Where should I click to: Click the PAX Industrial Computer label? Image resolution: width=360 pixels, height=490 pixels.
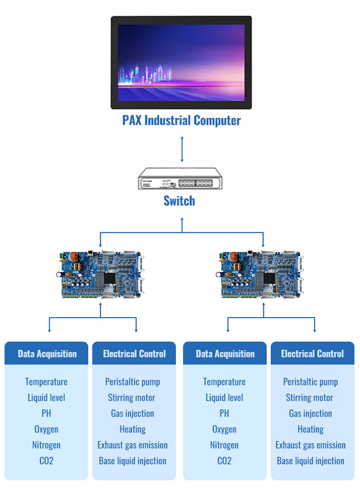(181, 121)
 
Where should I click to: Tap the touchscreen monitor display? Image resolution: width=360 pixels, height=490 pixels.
(181, 62)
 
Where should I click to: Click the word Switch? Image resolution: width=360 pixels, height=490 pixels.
(179, 201)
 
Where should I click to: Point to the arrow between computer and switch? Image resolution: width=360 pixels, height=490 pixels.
(182, 149)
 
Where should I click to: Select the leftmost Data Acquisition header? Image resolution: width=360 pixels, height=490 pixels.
(47, 354)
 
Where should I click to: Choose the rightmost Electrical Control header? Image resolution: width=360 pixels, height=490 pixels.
(312, 354)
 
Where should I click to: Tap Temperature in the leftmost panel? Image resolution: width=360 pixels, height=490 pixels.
(46, 382)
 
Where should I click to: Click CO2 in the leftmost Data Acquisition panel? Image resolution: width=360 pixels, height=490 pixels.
(46, 461)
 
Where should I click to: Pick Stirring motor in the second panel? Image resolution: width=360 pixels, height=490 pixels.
(132, 397)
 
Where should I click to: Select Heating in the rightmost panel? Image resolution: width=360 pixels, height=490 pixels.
(311, 429)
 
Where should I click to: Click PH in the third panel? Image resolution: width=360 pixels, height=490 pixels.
(224, 413)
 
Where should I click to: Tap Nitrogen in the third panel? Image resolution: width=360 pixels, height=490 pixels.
(224, 445)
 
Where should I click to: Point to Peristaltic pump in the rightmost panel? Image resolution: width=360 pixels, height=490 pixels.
(311, 382)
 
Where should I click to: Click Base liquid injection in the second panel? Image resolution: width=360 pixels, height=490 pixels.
(133, 461)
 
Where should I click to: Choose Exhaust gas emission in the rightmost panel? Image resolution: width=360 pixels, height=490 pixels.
(311, 445)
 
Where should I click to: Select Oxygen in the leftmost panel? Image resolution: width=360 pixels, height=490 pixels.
(46, 429)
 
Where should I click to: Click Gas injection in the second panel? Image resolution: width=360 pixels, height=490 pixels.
(133, 413)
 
